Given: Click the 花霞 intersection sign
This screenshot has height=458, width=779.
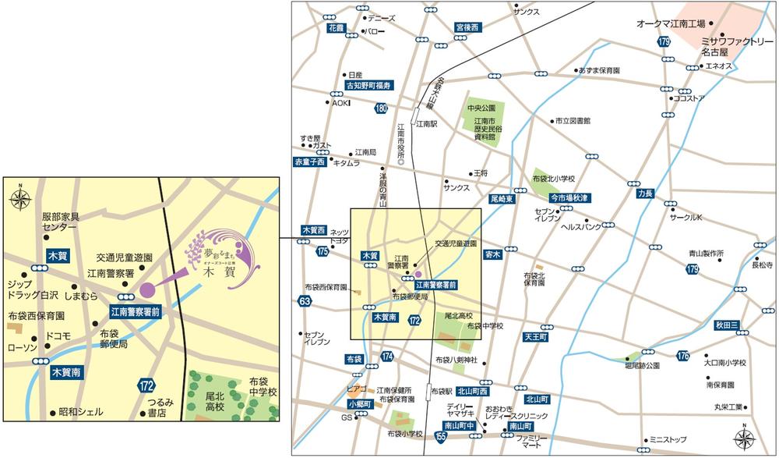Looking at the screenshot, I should click(336, 27).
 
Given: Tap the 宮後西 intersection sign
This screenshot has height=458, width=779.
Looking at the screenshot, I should click(468, 27).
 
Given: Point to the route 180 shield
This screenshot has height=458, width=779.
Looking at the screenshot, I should click(380, 108).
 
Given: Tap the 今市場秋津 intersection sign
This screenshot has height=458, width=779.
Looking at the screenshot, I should click(569, 197).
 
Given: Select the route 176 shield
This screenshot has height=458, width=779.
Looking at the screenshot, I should click(683, 356).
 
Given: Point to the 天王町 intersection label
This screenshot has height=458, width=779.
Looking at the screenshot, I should click(537, 336).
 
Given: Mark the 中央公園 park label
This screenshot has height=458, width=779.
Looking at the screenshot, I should click(481, 108).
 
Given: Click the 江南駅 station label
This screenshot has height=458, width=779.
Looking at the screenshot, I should click(428, 124).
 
